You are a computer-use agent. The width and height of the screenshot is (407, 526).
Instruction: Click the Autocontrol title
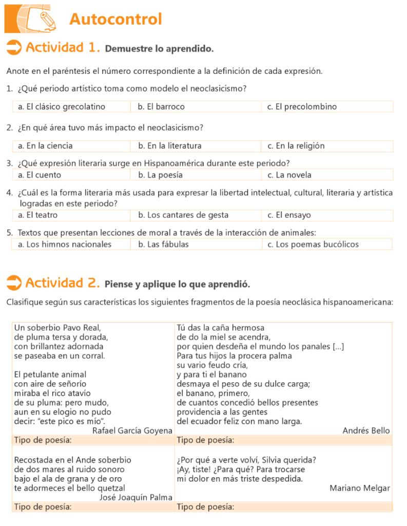pyautogui.click(x=115, y=19)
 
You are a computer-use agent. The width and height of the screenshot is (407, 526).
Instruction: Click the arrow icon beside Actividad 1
pyautogui.click(x=14, y=48)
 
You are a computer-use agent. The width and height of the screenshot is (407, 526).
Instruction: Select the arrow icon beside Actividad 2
pyautogui.click(x=14, y=283)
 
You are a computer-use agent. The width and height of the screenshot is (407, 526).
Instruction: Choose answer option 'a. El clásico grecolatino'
pyautogui.click(x=62, y=107)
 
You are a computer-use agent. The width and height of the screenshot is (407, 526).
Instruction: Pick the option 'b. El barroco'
pyautogui.click(x=161, y=107)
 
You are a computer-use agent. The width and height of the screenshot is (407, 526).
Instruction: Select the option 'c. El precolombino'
pyautogui.click(x=302, y=107)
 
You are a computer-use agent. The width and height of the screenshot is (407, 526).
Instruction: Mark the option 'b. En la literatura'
pyautogui.click(x=170, y=146)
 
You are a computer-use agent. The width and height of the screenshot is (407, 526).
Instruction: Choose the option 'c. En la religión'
pyautogui.click(x=296, y=146)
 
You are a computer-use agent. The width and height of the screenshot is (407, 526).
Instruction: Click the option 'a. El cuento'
pyautogui.click(x=40, y=175)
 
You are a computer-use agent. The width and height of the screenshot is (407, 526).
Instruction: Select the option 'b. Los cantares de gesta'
pyautogui.click(x=183, y=215)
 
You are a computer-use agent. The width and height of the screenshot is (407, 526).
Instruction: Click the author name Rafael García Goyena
pyautogui.click(x=132, y=430)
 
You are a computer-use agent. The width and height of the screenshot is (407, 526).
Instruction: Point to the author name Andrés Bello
pyautogui.click(x=366, y=430)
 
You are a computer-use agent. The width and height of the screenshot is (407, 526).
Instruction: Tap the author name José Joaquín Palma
pyautogui.click(x=135, y=497)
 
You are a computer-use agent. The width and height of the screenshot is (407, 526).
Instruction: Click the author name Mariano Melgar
pyautogui.click(x=360, y=488)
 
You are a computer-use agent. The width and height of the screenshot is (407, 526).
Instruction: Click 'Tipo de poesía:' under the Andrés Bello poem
pyautogui.click(x=206, y=440)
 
